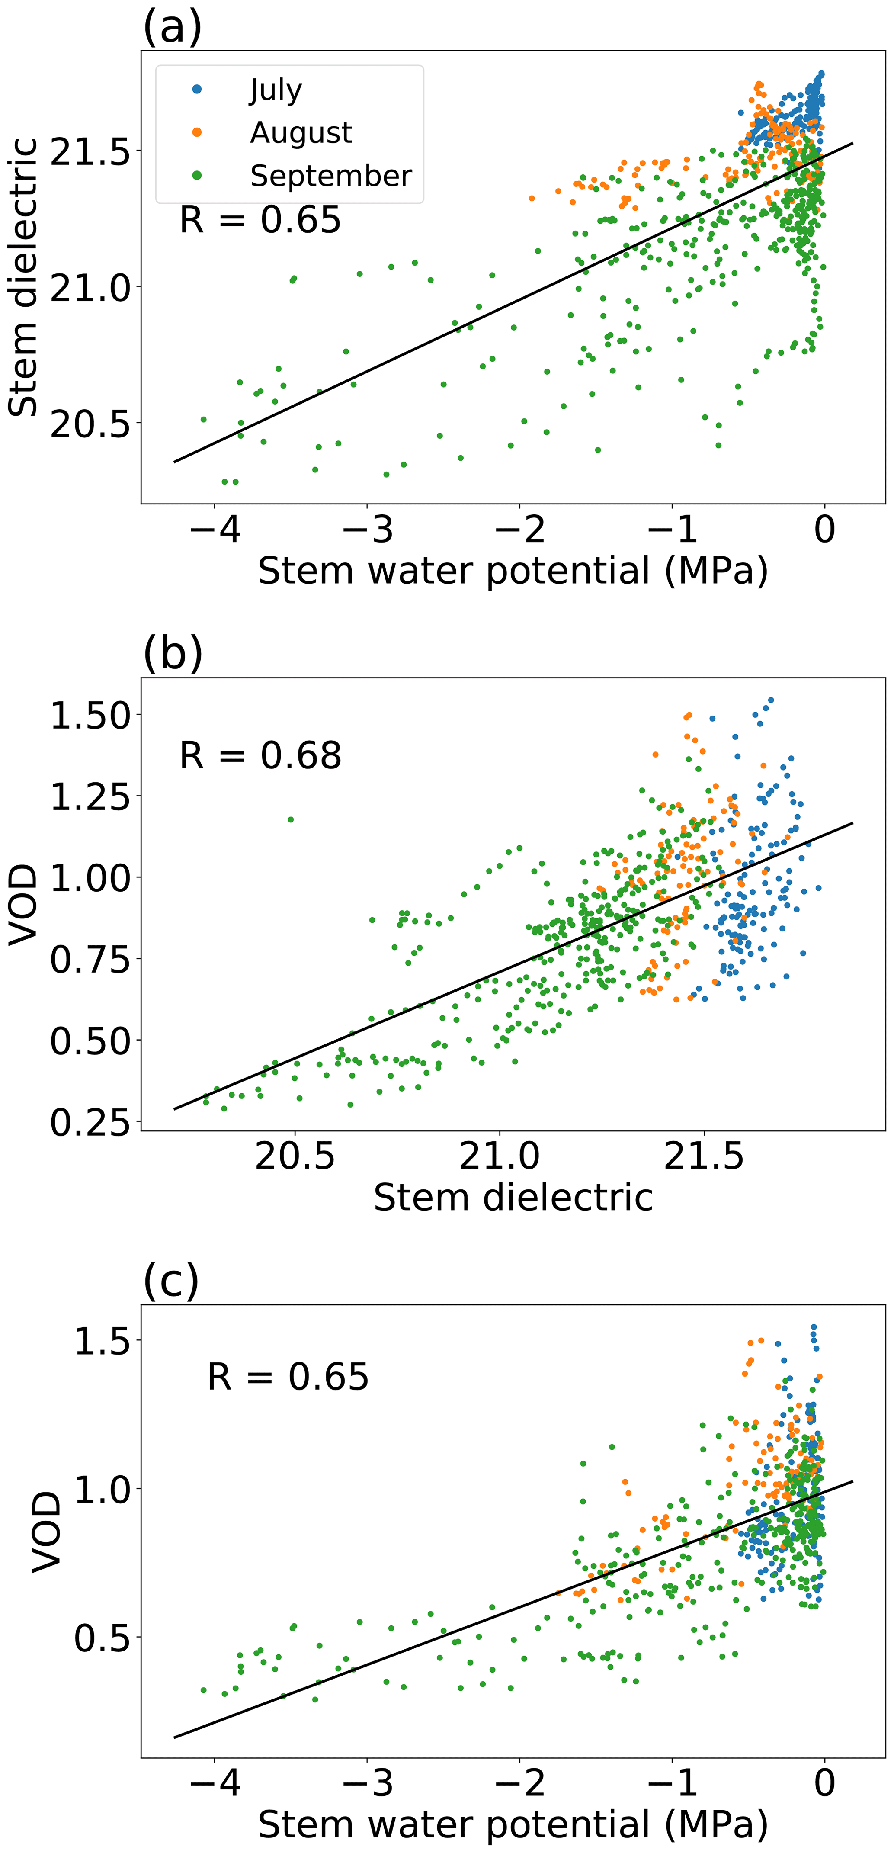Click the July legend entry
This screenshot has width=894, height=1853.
[276, 90]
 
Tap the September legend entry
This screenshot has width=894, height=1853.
[331, 176]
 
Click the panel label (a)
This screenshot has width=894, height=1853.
[173, 27]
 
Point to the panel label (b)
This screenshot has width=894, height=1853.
[173, 654]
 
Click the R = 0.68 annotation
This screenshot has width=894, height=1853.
[260, 755]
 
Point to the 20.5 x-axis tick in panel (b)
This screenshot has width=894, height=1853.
[295, 1156]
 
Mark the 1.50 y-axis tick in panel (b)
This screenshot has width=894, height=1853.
[90, 716]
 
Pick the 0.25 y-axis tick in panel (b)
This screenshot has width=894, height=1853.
[90, 1122]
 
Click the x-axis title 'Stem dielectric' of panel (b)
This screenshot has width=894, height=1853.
[513, 1198]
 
